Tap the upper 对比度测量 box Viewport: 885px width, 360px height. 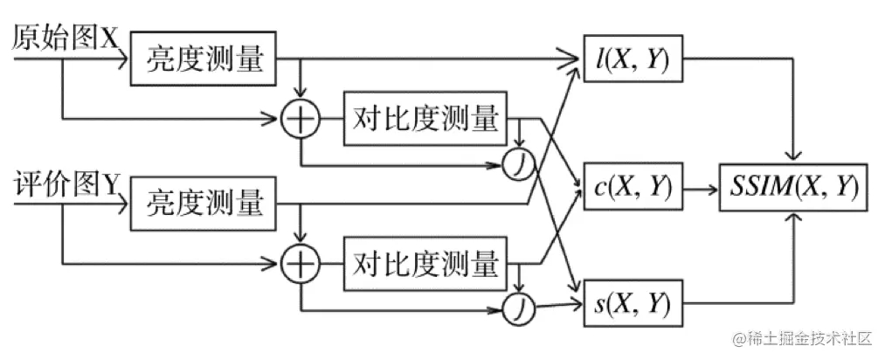click(x=426, y=117)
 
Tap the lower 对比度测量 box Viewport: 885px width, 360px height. click(x=426, y=261)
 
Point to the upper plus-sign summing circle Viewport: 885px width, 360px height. click(x=301, y=118)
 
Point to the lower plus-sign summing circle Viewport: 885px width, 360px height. click(x=301, y=262)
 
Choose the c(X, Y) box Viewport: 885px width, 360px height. click(x=632, y=186)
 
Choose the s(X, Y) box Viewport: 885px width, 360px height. click(x=632, y=304)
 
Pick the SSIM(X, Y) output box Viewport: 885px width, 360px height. click(x=793, y=186)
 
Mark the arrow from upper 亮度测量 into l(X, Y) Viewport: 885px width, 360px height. click(x=437, y=61)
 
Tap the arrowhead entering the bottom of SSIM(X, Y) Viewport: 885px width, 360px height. click(x=793, y=216)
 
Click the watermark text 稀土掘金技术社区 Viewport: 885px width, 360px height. click(x=807, y=338)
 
